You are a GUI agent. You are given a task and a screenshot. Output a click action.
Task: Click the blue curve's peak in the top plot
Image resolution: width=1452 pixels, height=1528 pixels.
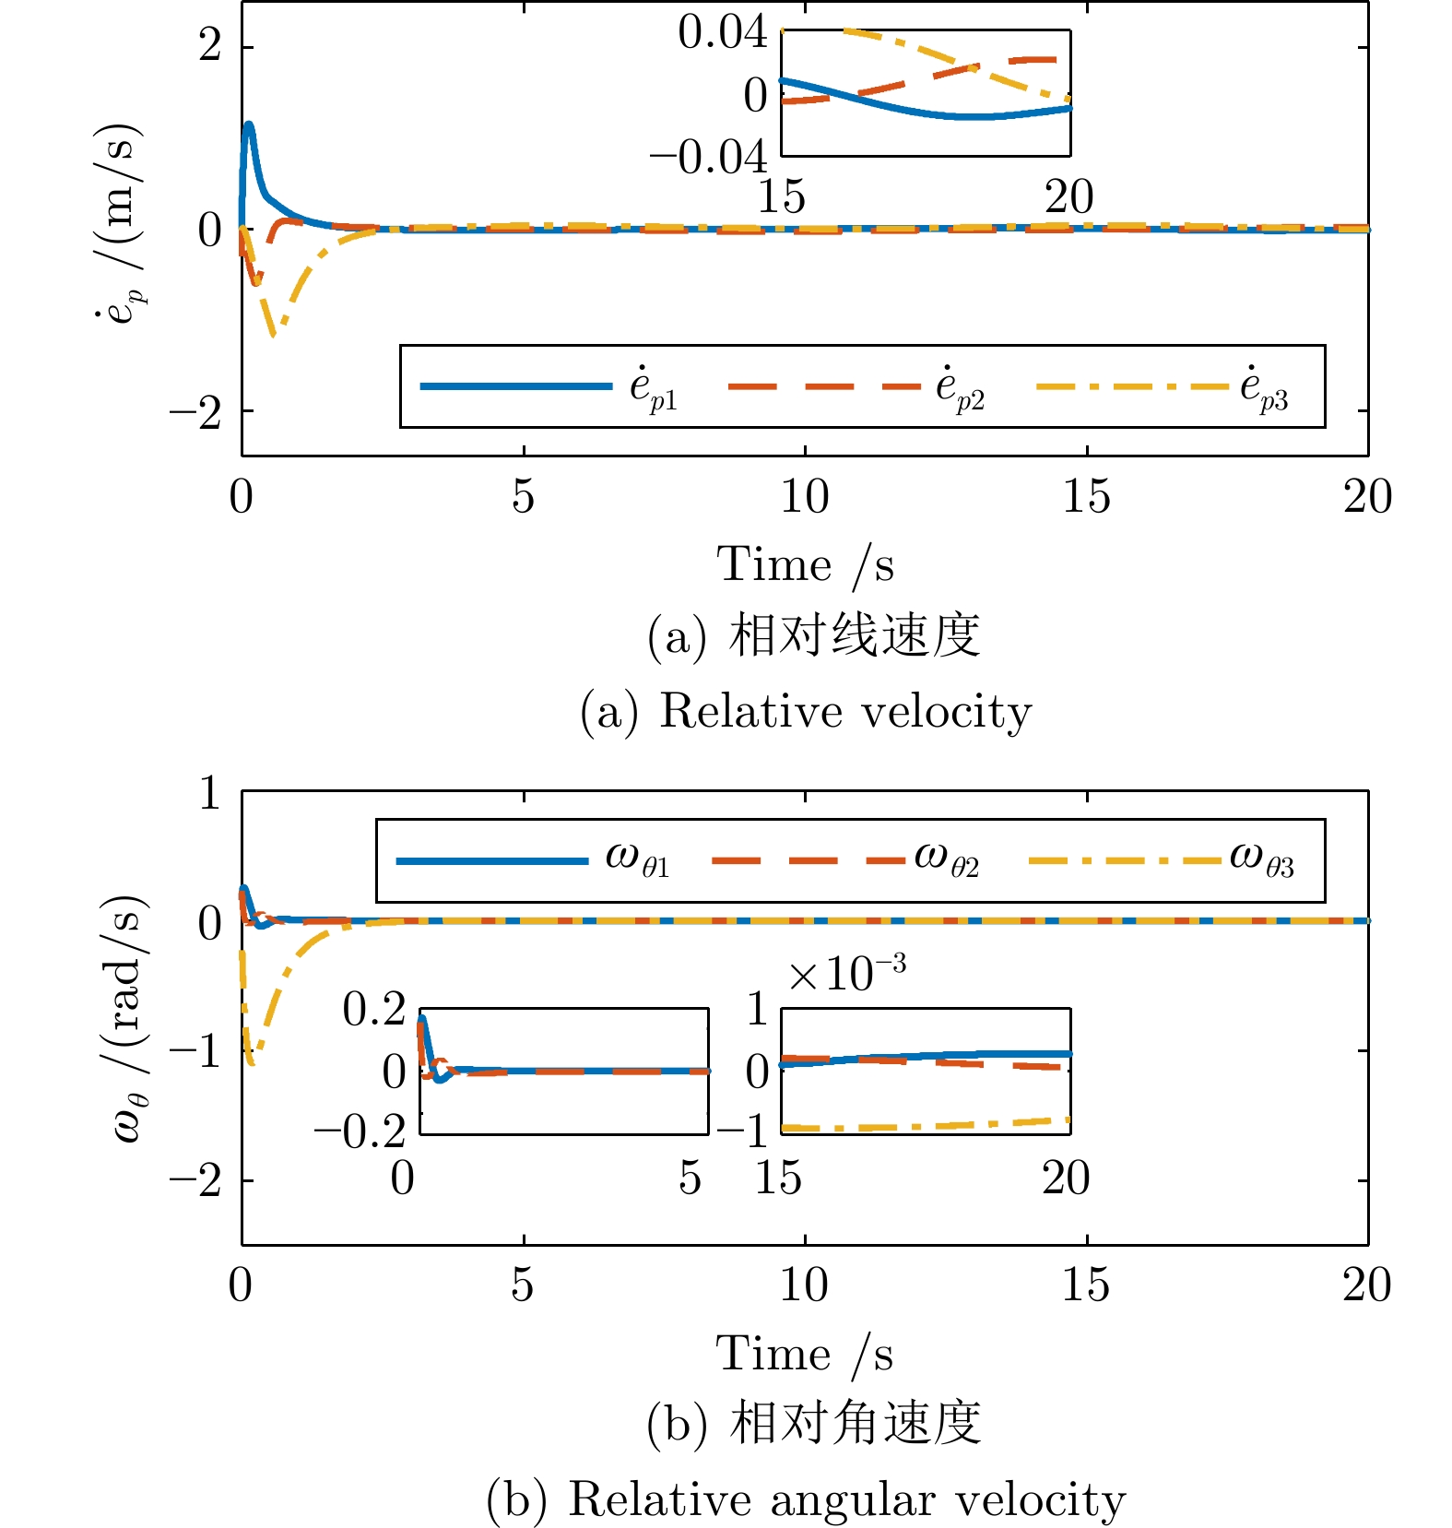point(248,125)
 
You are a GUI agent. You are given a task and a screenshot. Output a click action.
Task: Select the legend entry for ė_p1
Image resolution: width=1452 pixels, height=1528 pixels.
point(549,386)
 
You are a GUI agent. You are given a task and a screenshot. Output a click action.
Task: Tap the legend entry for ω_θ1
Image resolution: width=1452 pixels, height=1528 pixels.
point(533,860)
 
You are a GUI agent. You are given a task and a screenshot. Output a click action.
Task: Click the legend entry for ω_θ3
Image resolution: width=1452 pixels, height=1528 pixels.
point(1162,860)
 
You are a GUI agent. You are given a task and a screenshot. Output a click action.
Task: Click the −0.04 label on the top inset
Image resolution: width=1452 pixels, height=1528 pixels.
point(707,158)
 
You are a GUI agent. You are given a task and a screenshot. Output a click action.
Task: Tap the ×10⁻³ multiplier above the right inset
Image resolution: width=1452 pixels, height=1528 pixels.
point(846,972)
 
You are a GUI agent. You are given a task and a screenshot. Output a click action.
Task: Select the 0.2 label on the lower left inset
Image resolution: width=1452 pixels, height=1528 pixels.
point(373,1009)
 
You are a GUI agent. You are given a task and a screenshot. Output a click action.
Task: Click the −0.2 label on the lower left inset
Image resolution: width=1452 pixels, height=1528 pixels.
point(360,1131)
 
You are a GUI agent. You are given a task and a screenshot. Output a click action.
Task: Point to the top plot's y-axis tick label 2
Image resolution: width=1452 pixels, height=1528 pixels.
point(210,45)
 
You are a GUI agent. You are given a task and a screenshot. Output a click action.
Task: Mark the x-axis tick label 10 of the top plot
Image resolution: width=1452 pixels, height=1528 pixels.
point(804,497)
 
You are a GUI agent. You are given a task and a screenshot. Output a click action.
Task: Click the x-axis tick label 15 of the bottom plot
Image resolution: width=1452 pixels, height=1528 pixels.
point(1085,1285)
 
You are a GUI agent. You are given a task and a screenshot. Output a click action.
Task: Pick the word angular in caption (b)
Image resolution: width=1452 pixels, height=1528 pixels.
point(853,1500)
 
